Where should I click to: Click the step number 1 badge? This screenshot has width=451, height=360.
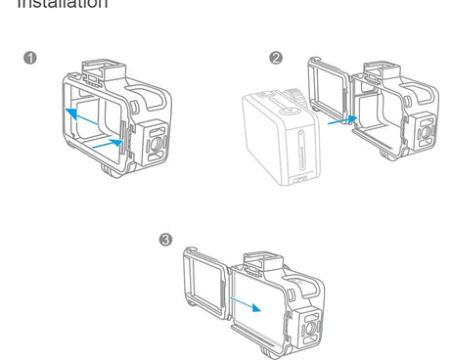click(31, 58)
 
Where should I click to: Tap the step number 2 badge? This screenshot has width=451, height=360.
click(276, 58)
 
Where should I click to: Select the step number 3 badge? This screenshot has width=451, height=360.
click(165, 240)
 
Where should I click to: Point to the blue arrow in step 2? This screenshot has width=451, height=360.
click(339, 121)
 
